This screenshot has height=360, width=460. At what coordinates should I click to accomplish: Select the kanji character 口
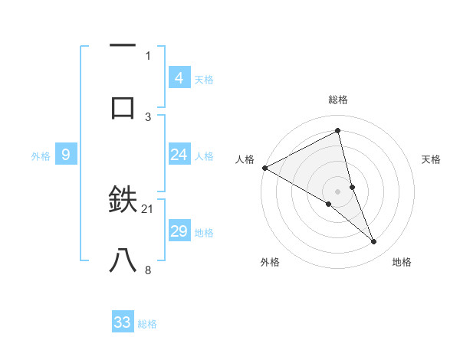pos(123,106)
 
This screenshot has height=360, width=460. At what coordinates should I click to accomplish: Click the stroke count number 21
pos(148,208)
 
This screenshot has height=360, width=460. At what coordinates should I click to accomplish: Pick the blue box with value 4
pos(179,77)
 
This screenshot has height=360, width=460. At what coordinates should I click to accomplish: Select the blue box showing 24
pos(179,155)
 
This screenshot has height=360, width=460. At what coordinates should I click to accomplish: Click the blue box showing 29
pos(179,232)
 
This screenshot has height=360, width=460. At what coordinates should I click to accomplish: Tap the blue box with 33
pos(123,322)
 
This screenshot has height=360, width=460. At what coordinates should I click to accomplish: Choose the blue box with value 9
pos(66,155)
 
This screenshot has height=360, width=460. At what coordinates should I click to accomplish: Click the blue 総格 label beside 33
pos(147,324)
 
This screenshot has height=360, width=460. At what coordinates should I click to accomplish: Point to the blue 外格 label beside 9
pos(41,156)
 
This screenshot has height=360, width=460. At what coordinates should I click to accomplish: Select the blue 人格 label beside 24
pos(204,156)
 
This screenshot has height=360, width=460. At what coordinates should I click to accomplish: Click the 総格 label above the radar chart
pos(338,100)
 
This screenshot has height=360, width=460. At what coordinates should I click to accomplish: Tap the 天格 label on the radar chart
pos(431,159)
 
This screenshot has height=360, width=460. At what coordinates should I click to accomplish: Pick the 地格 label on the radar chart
pos(402,262)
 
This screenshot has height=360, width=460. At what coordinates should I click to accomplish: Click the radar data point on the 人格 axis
pos(264,168)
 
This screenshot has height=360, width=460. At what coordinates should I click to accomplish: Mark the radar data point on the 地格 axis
pos(374,242)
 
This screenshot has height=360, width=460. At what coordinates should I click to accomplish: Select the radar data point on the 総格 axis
pos(338,130)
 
